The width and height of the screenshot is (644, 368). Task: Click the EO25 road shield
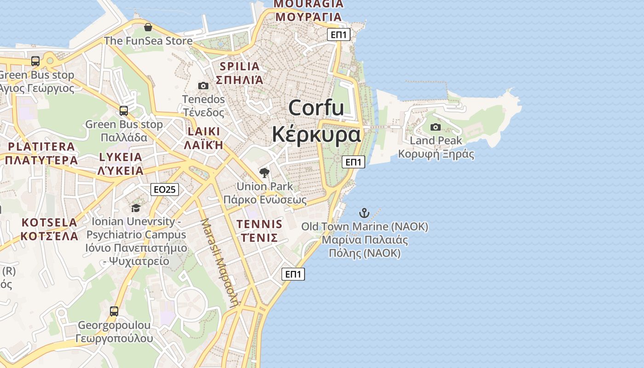[x=165, y=189]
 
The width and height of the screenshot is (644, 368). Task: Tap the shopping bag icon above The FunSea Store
[x=148, y=27]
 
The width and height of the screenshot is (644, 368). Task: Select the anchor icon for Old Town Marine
[x=364, y=213]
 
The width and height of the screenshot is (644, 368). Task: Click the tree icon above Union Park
[x=264, y=173]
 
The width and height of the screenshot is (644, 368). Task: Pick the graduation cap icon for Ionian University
[x=136, y=208]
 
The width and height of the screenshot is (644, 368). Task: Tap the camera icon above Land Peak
[x=435, y=127]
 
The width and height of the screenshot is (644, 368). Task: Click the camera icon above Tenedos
[x=203, y=86]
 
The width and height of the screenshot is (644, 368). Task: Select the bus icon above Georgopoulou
[x=114, y=311]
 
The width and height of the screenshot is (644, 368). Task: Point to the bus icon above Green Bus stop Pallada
[x=124, y=111]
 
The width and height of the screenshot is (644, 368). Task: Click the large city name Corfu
[x=316, y=108]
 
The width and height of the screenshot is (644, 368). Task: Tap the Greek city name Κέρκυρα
[x=316, y=135]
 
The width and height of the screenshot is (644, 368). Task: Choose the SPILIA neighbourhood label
[x=240, y=66]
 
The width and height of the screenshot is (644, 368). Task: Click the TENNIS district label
[x=259, y=224]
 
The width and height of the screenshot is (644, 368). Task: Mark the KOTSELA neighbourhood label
[x=50, y=223]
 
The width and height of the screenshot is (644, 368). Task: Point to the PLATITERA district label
[x=41, y=147]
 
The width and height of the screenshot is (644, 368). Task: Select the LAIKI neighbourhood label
[x=204, y=132]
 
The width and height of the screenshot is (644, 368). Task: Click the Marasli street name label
[x=219, y=262]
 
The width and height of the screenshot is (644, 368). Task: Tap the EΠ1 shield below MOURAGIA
[x=339, y=34]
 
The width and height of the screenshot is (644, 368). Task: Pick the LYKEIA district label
[x=121, y=157]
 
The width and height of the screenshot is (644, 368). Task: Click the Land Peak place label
[x=436, y=140]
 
